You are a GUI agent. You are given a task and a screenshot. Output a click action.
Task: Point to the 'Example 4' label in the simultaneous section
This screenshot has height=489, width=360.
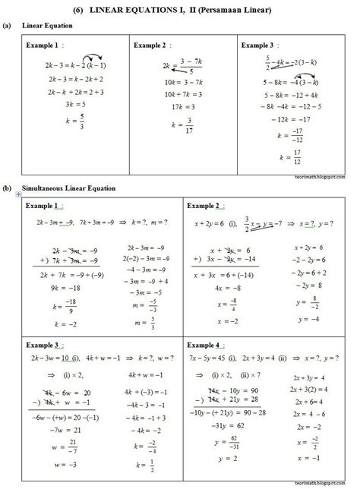click(212, 343)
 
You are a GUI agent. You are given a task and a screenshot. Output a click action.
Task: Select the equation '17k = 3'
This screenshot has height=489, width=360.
click(180, 107)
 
